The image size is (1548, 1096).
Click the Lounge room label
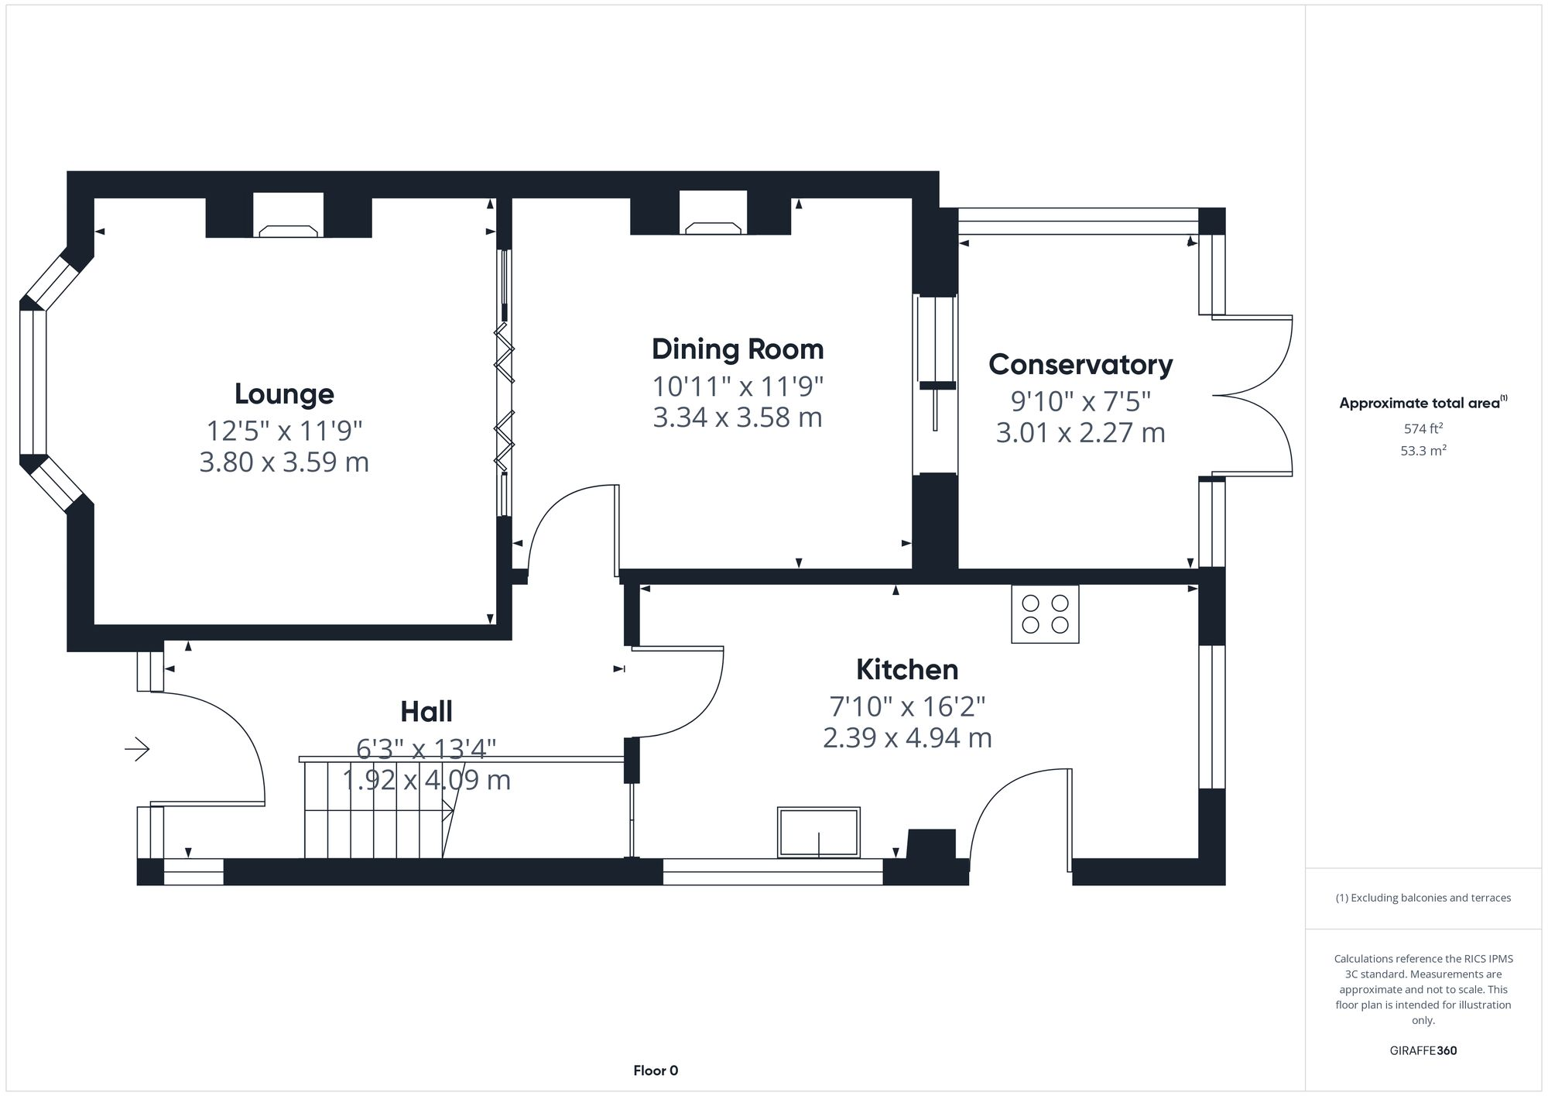tap(284, 394)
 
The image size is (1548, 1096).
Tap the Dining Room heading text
tap(737, 349)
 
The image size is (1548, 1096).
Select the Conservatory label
tap(1080, 365)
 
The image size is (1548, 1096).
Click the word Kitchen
tap(906, 670)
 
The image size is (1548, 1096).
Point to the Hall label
tap(426, 712)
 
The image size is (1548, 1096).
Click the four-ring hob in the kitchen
tap(1045, 614)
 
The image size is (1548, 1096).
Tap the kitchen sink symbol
tap(818, 833)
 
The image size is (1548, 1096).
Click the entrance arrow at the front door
tap(138, 749)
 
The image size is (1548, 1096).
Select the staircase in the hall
tap(375, 809)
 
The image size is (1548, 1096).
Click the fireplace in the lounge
tap(288, 217)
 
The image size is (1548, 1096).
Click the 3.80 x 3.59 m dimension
tap(284, 462)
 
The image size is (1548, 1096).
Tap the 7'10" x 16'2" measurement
tap(906, 706)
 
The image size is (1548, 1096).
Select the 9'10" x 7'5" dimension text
tap(1080, 401)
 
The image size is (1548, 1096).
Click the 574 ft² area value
tap(1423, 428)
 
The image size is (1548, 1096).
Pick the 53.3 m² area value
tap(1423, 451)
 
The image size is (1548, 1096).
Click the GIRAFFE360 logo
tap(1423, 1051)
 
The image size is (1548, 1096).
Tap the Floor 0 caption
tap(655, 1070)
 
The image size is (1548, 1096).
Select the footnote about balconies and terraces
tap(1423, 898)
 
